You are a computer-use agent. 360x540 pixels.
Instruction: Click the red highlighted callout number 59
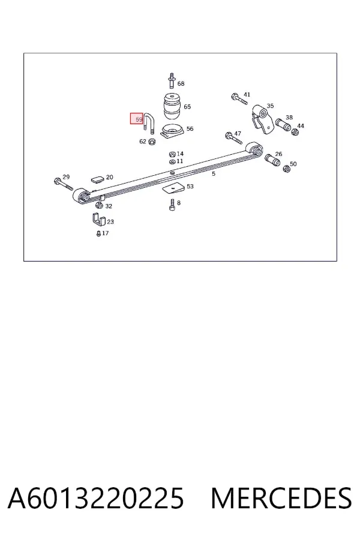137,119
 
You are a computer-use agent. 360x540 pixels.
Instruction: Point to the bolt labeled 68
172,80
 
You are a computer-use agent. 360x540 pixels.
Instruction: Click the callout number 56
190,129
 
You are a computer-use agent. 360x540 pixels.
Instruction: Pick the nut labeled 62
152,141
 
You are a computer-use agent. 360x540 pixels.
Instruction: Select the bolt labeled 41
239,99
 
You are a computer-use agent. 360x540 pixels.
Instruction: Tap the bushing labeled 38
284,125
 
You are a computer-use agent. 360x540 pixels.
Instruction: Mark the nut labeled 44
295,132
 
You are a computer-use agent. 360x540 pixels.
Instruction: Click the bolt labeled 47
233,138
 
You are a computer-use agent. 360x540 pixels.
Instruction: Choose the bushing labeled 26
273,160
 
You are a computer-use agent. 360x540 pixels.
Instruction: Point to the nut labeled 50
286,169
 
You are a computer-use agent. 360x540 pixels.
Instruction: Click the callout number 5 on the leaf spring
214,174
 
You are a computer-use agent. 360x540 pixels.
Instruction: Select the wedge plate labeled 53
173,188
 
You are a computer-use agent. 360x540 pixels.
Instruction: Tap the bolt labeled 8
172,205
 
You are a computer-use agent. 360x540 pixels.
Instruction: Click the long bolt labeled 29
64,184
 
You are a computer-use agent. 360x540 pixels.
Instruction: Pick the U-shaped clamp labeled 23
98,220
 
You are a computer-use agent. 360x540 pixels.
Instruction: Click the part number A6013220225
96,498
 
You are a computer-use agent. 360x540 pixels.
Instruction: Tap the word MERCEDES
281,498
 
